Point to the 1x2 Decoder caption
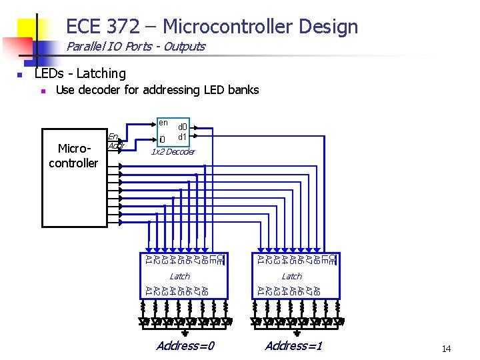pyautogui.click(x=172, y=152)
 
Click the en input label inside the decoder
pyautogui.click(x=163, y=122)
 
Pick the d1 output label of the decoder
pyautogui.click(x=182, y=137)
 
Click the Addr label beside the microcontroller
pyautogui.click(x=115, y=146)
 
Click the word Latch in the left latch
pyautogui.click(x=179, y=276)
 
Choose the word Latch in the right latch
pyautogui.click(x=291, y=276)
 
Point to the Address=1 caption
pyautogui.click(x=293, y=345)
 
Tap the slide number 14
pyautogui.click(x=446, y=349)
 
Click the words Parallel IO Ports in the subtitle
pyautogui.click(x=108, y=47)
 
